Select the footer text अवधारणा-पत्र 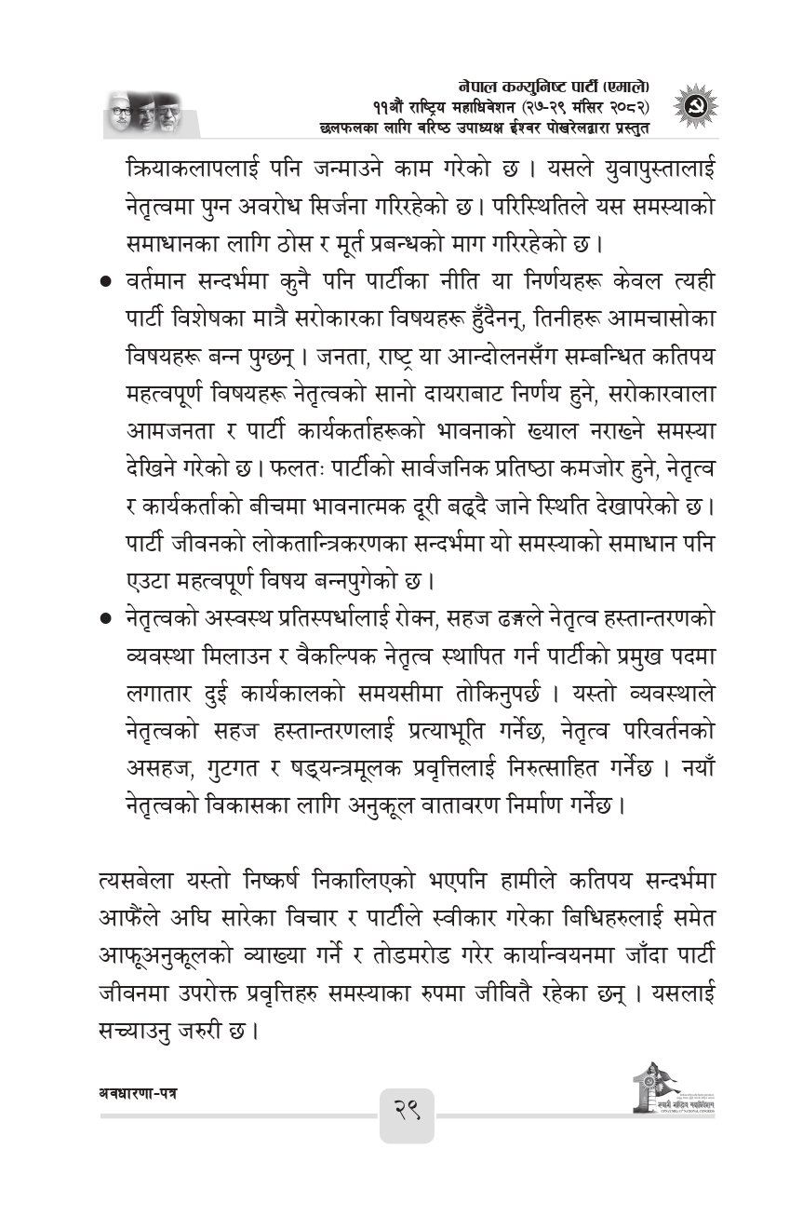(137, 1089)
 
